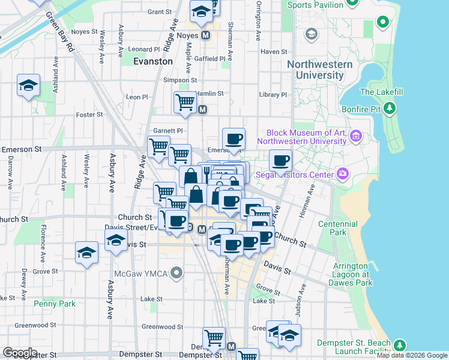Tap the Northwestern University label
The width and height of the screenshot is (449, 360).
319,70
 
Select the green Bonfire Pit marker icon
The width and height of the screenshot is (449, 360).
390,108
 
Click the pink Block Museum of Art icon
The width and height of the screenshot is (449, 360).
356,136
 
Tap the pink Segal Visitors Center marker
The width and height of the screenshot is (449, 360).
343,174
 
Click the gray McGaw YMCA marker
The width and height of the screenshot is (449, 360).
176,274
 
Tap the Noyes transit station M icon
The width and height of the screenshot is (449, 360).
206,35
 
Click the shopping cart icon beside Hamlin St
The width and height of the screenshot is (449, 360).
185,101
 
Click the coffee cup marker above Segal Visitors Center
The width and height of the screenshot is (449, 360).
280,160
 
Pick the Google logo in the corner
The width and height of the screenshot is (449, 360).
20,353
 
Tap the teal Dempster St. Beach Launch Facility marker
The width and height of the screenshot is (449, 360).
399,345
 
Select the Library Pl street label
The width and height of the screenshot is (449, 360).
274,95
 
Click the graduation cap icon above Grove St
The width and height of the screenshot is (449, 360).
87,253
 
